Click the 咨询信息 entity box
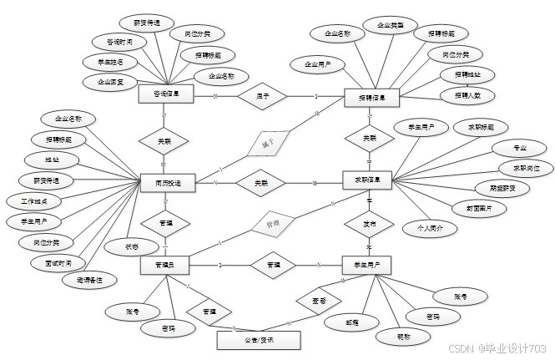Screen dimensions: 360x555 pos(167,95)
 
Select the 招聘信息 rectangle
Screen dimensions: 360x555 pos(372,98)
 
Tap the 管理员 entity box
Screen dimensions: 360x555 pos(164,265)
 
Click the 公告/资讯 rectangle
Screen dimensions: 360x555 pos(258,340)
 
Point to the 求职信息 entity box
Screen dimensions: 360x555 pos(368,180)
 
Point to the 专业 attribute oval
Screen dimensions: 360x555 pos(519,148)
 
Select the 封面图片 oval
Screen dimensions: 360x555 pos(473,208)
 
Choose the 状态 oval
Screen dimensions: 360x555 pos(129,246)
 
